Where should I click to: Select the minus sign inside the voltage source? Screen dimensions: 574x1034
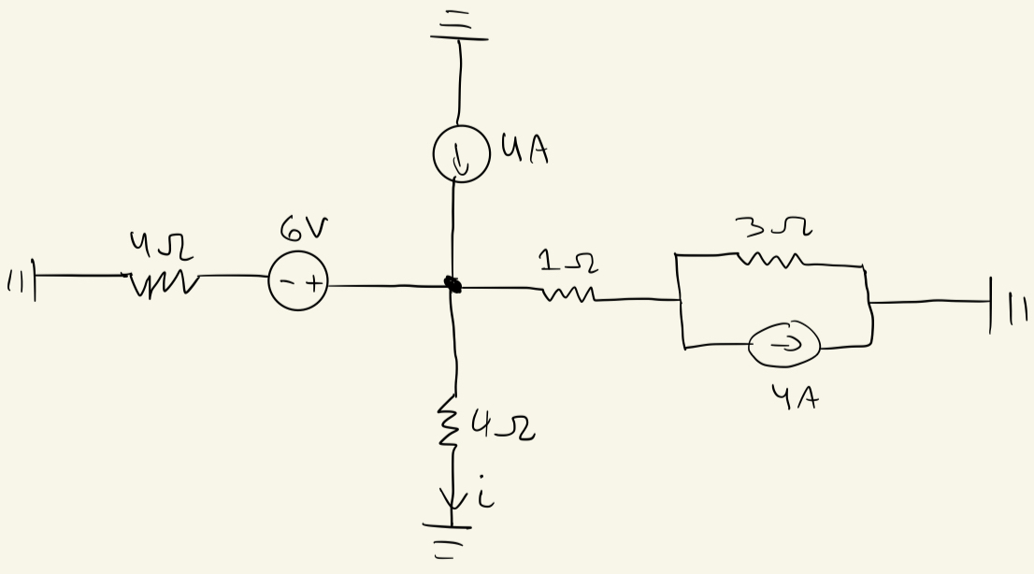pyautogui.click(x=286, y=283)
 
